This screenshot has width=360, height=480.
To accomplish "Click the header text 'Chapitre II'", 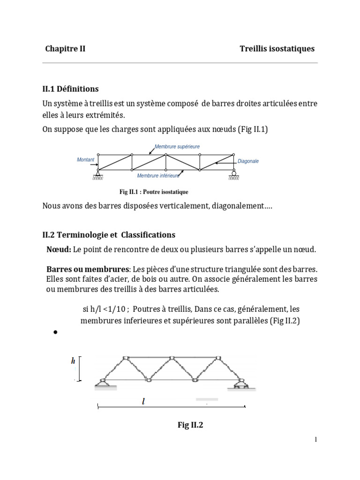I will [x=65, y=49].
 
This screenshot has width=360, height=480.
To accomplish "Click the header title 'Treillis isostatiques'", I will [x=277, y=49].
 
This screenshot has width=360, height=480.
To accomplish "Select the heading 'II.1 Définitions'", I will [x=71, y=89].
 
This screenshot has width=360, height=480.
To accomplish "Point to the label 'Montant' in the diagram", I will [x=85, y=160].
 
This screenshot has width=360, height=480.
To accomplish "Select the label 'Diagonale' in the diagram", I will [x=248, y=161].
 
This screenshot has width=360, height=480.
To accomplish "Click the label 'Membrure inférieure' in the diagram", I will [x=158, y=176].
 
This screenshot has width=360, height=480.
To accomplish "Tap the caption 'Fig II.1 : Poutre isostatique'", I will [x=154, y=192].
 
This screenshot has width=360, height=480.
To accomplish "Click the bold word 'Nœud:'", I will [x=59, y=249].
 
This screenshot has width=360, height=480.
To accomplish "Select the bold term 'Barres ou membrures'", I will [x=88, y=270].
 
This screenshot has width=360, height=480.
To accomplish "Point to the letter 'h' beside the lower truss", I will [x=73, y=361].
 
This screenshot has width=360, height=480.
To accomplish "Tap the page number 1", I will [x=316, y=439].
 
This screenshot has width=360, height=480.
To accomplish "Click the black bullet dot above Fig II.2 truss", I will [x=55, y=332].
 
